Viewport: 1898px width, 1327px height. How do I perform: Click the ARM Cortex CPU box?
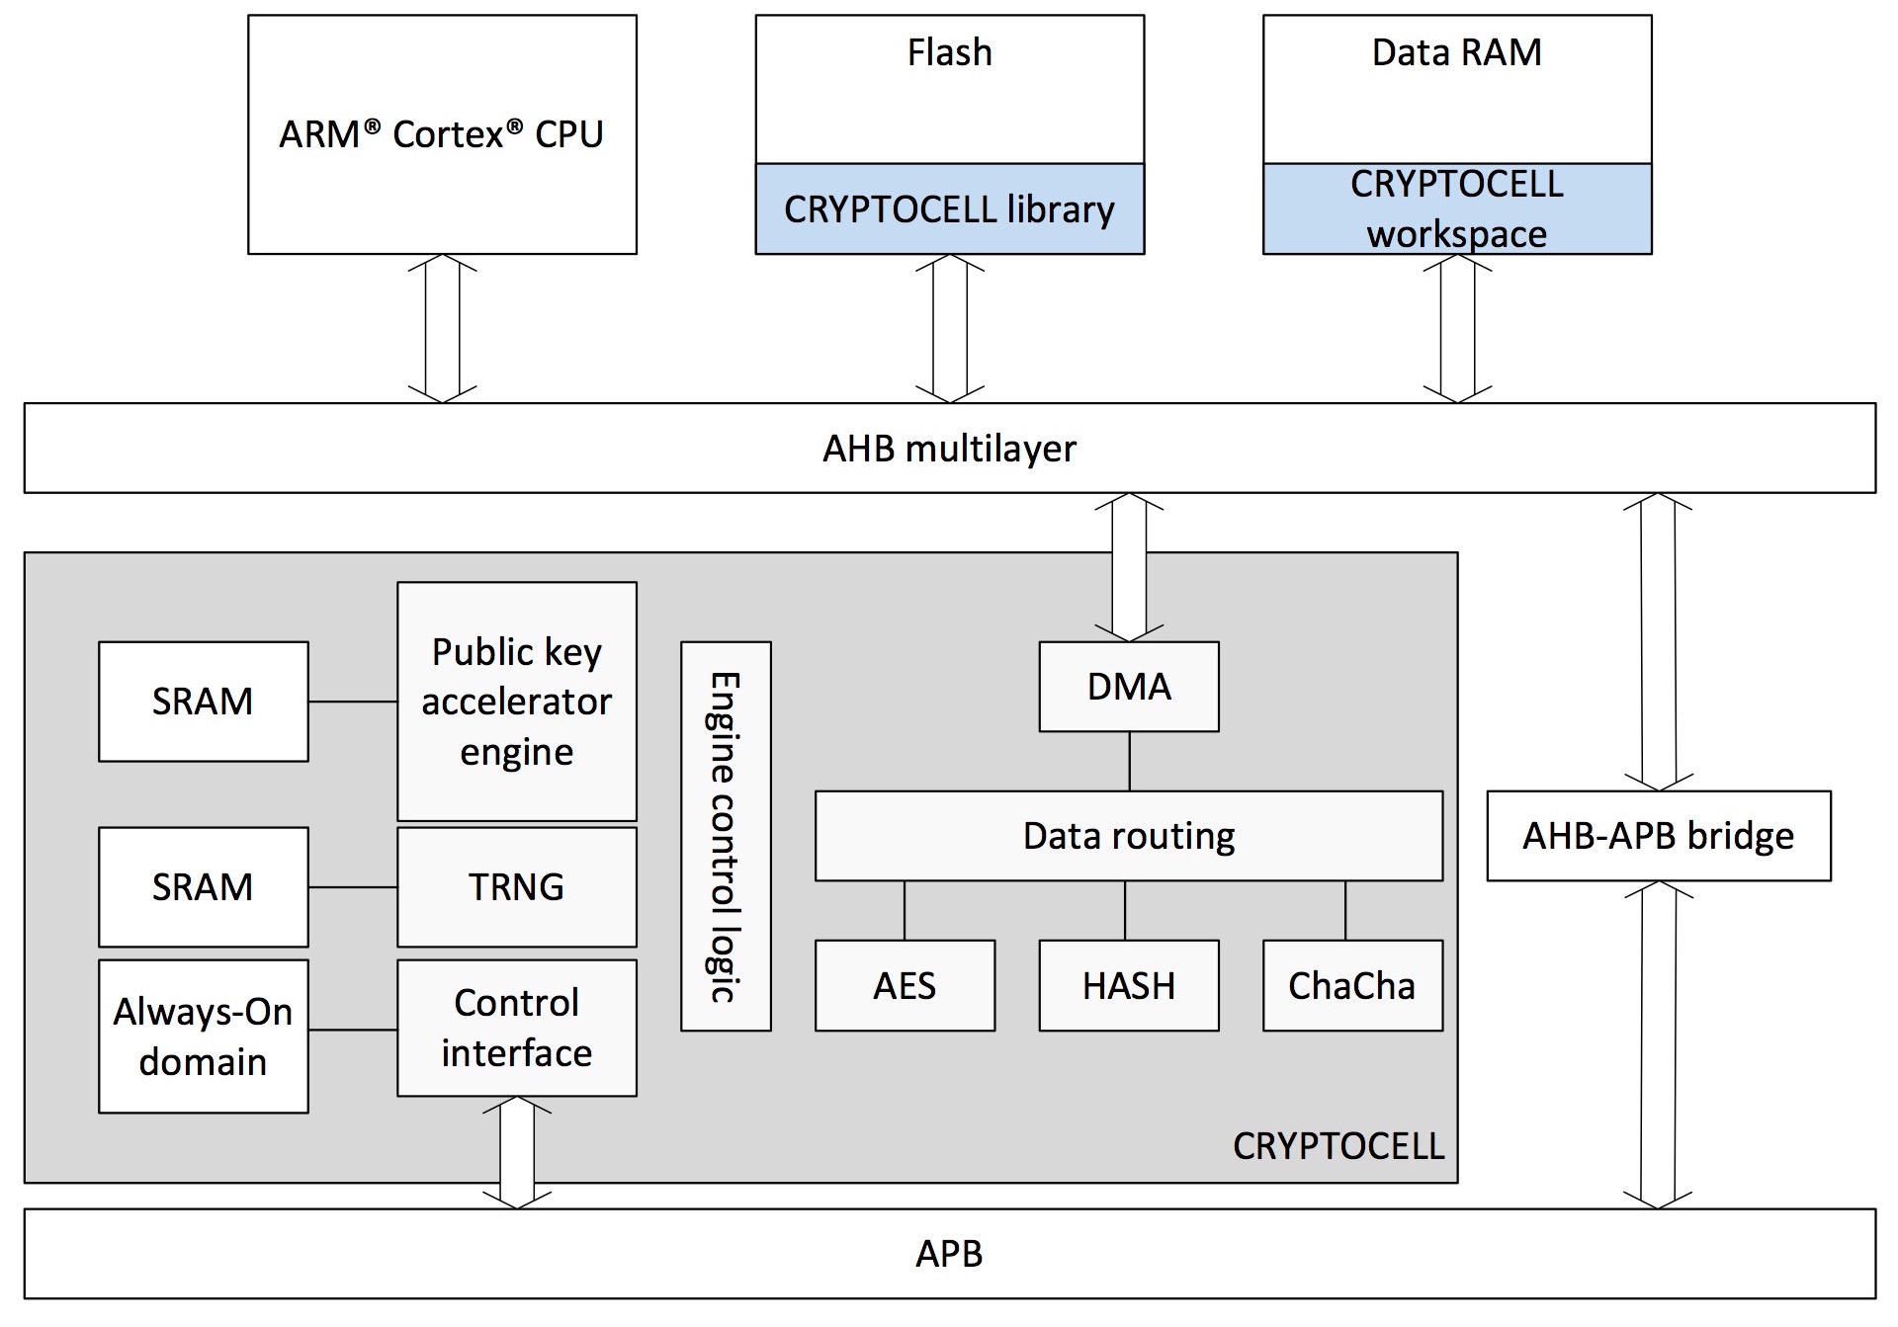[442, 134]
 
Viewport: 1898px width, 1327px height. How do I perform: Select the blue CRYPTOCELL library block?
[949, 209]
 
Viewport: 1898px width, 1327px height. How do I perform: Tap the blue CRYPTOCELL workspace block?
[1456, 209]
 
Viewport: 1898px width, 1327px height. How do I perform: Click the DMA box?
[1128, 687]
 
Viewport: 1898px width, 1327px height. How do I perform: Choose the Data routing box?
[1128, 836]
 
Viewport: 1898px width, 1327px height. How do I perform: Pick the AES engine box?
[905, 985]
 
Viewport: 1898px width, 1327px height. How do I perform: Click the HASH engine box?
[1128, 985]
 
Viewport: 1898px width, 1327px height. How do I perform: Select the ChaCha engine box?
[1352, 985]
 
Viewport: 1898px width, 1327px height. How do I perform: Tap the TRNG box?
[516, 886]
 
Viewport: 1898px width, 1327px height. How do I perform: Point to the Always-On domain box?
[203, 1037]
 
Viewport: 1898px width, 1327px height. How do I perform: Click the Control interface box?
[516, 1028]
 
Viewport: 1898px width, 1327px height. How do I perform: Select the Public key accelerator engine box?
[516, 702]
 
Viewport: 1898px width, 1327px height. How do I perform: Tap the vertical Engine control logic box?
[726, 836]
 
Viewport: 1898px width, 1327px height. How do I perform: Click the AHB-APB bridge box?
[1658, 836]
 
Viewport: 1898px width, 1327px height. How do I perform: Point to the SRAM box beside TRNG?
[203, 886]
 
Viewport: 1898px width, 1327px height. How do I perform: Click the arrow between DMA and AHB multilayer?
[1128, 568]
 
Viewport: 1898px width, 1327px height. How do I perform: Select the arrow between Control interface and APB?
[516, 1152]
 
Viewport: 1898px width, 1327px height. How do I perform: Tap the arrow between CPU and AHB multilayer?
[442, 328]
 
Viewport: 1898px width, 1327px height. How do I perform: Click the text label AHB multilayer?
[949, 449]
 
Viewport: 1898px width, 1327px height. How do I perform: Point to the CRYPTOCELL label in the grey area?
[1337, 1146]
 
